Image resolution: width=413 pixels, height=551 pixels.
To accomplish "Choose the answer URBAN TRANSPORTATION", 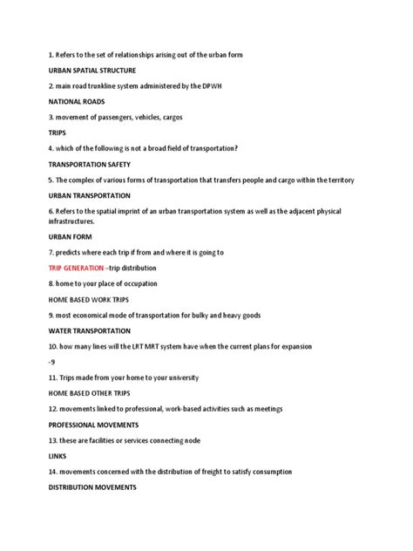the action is [x=90, y=195].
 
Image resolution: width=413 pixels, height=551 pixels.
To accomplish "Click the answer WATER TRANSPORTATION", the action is [x=90, y=330].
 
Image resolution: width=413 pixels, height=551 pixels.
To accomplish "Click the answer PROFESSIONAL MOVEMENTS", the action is [x=94, y=425].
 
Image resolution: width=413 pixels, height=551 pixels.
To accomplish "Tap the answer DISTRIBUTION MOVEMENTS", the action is [x=92, y=487].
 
